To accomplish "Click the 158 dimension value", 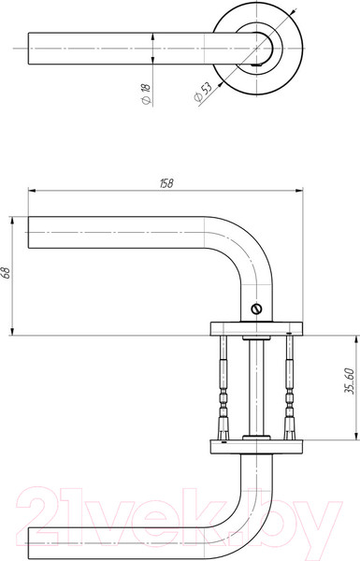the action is point(166,183).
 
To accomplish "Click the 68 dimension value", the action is point(7,273).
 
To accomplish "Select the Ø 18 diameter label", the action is point(147,93).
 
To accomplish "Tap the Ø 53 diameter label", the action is point(203,92).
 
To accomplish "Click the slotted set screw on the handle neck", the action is point(256,309).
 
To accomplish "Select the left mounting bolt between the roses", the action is point(223,388).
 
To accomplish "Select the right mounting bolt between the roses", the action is point(289,388).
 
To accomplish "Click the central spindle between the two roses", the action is point(256,388).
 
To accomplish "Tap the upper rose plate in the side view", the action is point(256,329).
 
